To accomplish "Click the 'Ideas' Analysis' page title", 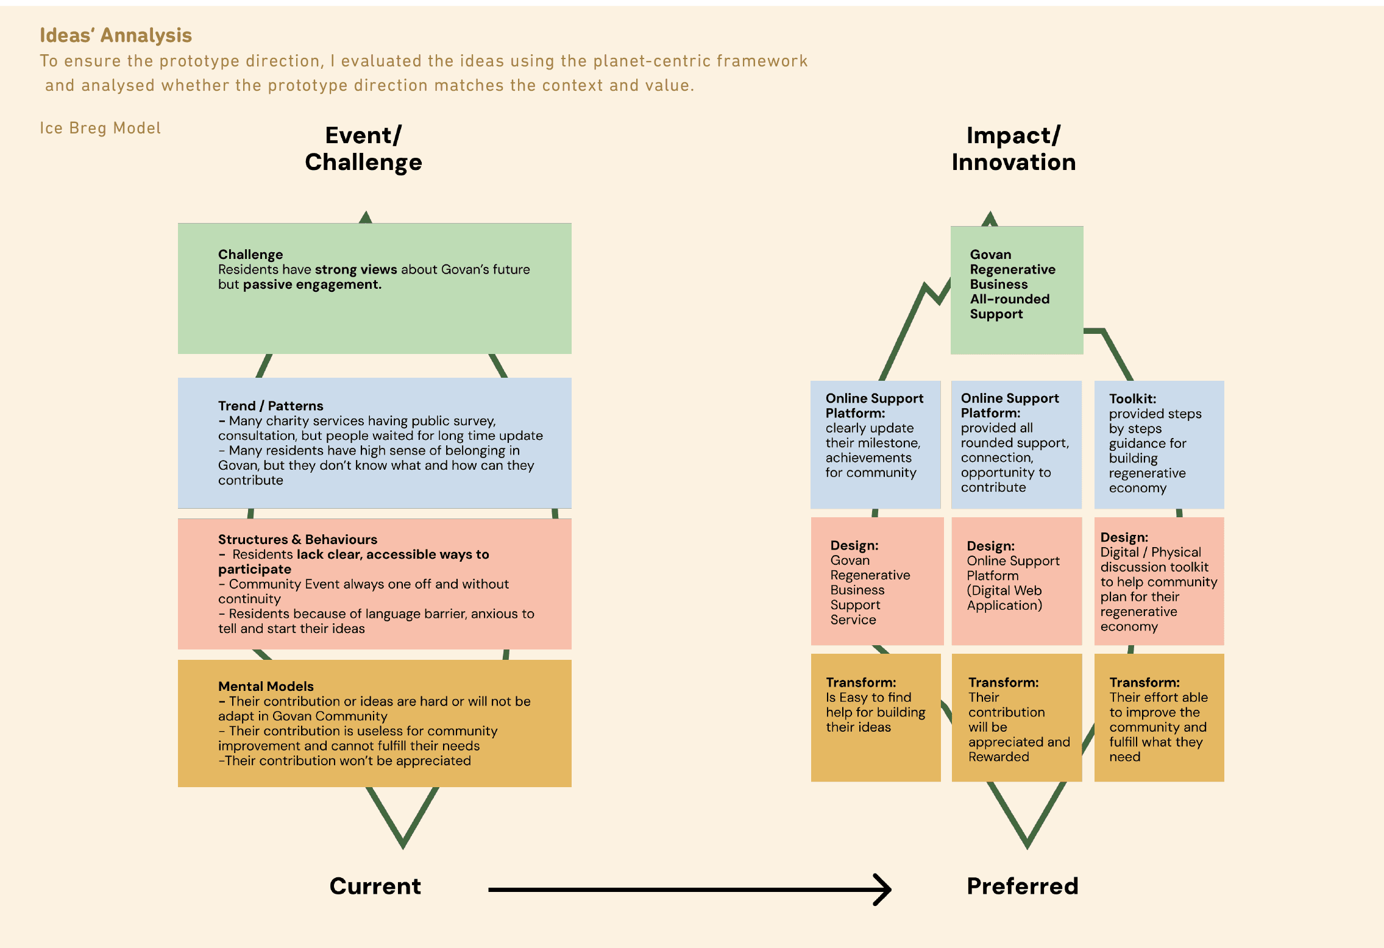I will (116, 35).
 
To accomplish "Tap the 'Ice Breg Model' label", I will (101, 128).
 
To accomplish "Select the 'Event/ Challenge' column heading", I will (363, 149).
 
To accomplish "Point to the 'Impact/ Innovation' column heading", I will (1013, 149).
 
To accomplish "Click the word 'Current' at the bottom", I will (375, 886).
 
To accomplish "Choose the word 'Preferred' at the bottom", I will (1023, 886).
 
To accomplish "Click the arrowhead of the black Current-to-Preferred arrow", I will (884, 890).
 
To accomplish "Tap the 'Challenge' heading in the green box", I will (250, 254).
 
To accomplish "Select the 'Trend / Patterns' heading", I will (271, 406).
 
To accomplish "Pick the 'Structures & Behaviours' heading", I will (297, 539).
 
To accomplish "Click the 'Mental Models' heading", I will (266, 686).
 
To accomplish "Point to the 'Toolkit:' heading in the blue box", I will (1132, 398).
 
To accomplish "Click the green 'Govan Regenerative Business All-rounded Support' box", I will (1017, 290).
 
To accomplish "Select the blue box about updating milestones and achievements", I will (875, 444).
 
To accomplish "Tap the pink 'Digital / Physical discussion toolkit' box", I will (1159, 581).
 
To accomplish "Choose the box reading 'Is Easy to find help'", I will (875, 717).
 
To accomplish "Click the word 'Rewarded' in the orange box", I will (999, 757).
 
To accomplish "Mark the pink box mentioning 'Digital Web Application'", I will (1017, 581).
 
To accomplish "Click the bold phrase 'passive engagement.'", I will (312, 285).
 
